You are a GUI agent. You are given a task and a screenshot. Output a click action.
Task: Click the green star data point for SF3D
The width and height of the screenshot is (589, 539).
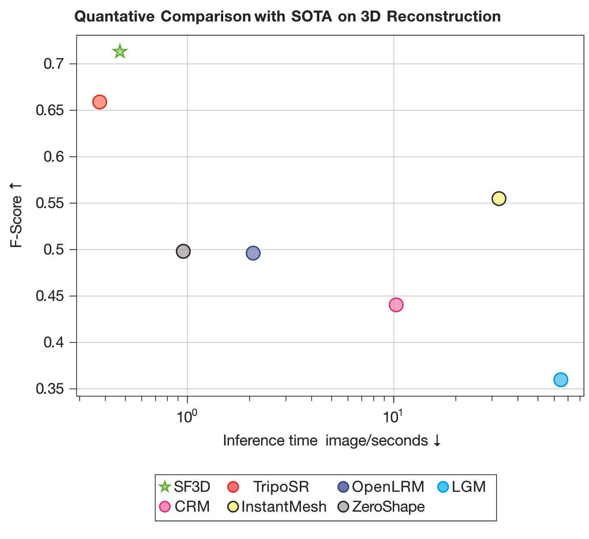(x=120, y=52)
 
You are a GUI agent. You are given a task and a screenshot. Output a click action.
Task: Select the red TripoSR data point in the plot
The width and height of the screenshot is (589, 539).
(x=100, y=102)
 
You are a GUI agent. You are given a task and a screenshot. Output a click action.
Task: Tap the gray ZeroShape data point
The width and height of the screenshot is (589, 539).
(x=183, y=251)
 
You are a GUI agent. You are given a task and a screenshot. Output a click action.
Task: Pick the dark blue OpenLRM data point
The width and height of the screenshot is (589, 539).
(x=253, y=253)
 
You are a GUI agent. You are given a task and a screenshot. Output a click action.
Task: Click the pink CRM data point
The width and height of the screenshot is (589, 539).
(x=396, y=305)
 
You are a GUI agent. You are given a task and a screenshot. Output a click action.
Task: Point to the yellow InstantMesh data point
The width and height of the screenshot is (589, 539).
(x=499, y=199)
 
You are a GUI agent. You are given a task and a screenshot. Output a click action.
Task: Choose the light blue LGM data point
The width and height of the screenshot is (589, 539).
(x=561, y=380)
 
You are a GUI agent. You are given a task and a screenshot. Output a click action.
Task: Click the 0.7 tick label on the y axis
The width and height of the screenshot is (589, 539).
(x=55, y=64)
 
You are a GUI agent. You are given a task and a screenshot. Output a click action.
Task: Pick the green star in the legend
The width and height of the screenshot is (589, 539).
(x=164, y=487)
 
